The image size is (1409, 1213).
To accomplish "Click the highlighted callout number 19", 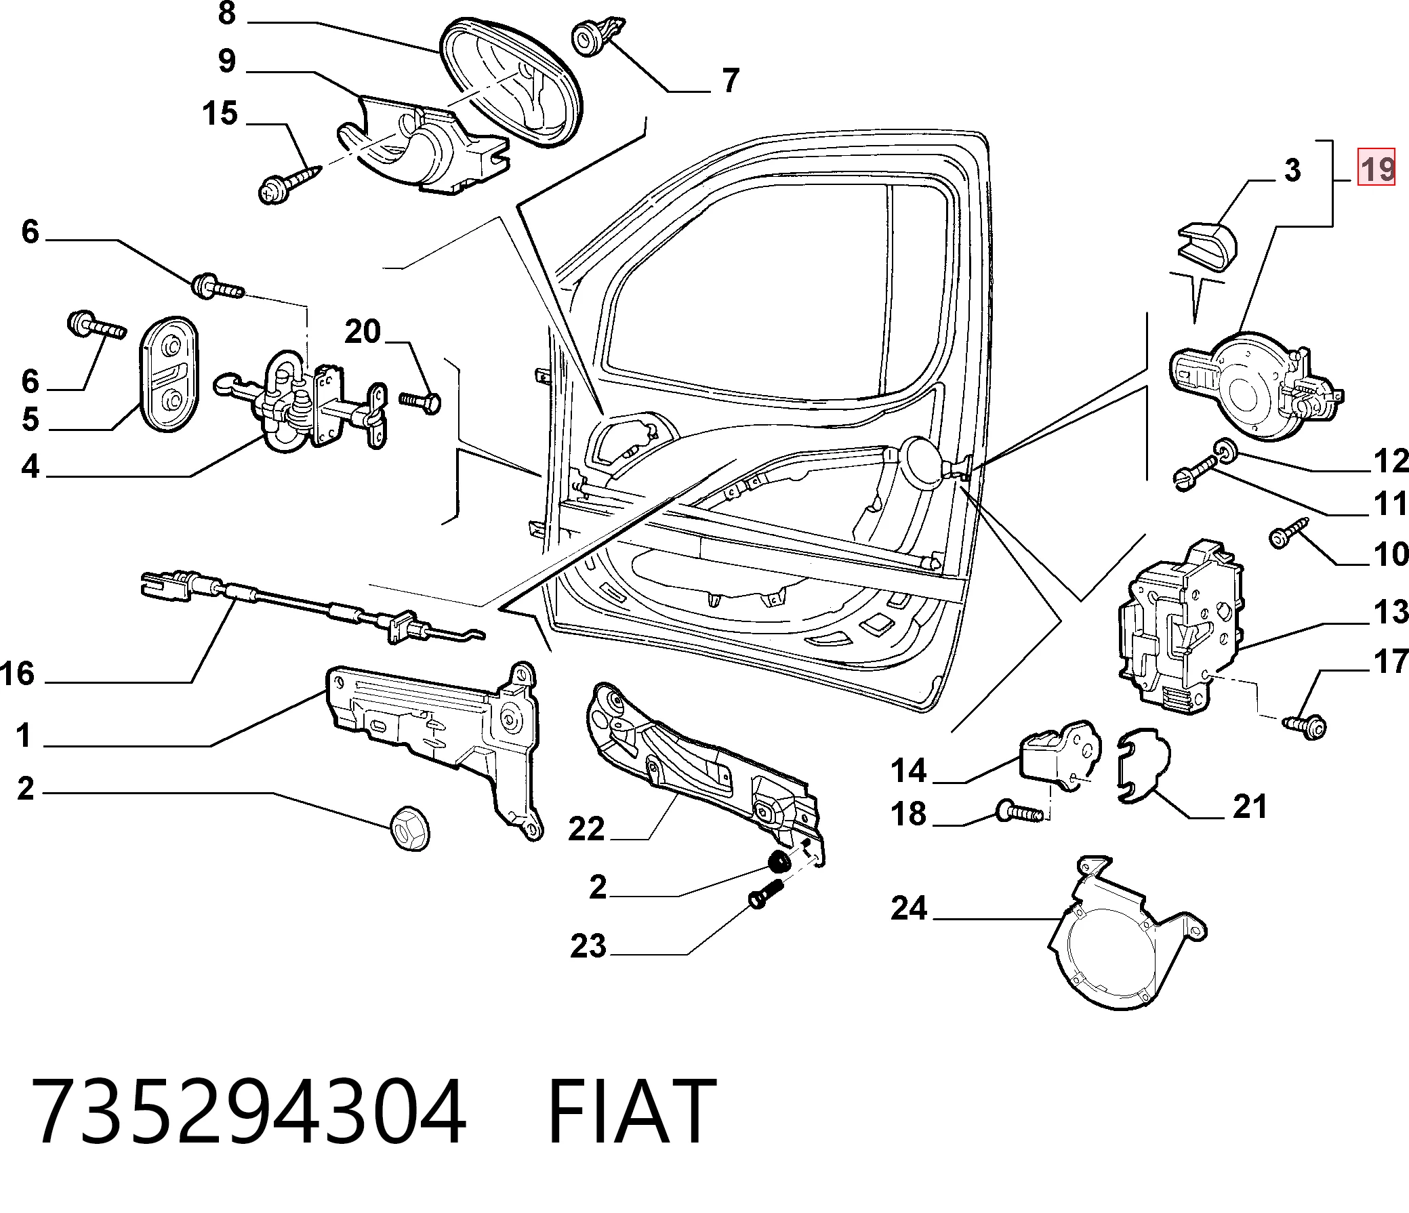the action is [x=1376, y=167].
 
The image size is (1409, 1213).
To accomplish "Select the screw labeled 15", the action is [x=289, y=182].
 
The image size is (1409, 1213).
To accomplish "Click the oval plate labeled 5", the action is [x=169, y=373].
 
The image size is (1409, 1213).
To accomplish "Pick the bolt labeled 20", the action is [x=420, y=401].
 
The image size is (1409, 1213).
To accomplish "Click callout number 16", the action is [x=18, y=674].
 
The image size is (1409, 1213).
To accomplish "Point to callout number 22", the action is [x=587, y=829].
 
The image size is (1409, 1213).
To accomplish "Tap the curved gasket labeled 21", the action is [x=1144, y=766].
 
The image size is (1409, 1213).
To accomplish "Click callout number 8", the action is [x=227, y=13].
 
